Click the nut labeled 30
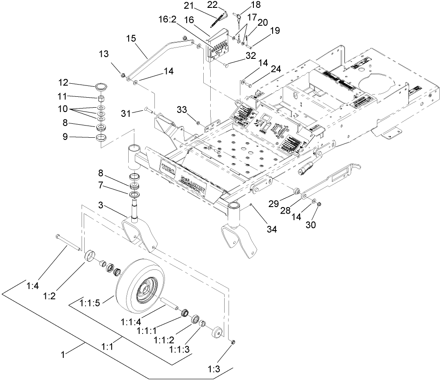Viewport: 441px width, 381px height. (318, 204)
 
